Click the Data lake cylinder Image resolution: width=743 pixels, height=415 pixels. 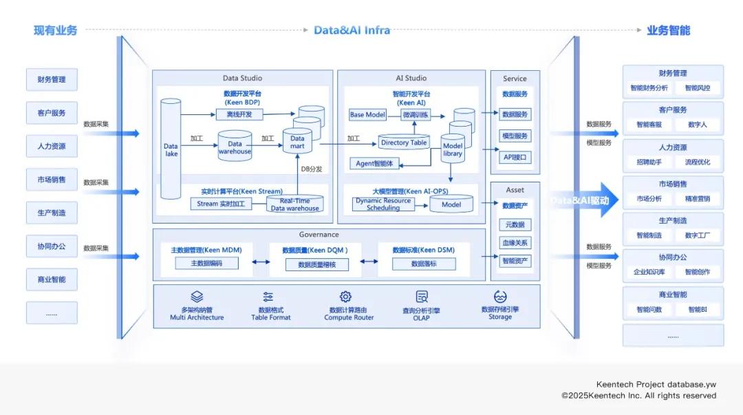click(171, 149)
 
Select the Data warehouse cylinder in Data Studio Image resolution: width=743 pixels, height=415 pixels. click(235, 147)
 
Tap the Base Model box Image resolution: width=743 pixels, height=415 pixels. click(367, 115)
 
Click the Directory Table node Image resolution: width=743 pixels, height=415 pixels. click(404, 142)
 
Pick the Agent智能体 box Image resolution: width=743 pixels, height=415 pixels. click(375, 163)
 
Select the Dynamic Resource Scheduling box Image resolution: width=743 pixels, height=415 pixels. click(383, 204)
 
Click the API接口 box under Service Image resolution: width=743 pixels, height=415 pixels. click(515, 158)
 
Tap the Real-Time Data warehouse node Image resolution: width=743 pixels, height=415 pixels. click(294, 204)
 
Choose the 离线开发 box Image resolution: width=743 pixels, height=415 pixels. click(239, 114)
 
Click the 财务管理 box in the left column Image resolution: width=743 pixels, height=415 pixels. click(52, 79)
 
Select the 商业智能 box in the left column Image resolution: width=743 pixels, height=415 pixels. click(52, 279)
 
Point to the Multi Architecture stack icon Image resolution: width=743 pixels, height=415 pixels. click(197, 297)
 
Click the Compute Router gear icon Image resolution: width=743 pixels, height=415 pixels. click(345, 297)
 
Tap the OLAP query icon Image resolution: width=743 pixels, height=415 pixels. click(422, 297)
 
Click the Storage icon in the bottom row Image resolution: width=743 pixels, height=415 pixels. click(500, 297)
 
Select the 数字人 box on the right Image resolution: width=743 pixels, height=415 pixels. click(697, 125)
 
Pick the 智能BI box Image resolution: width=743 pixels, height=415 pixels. click(697, 310)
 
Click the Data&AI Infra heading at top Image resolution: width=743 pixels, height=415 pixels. click(352, 30)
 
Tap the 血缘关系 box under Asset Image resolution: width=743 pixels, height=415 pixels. click(515, 243)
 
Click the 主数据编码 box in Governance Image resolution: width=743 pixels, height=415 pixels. click(206, 264)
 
